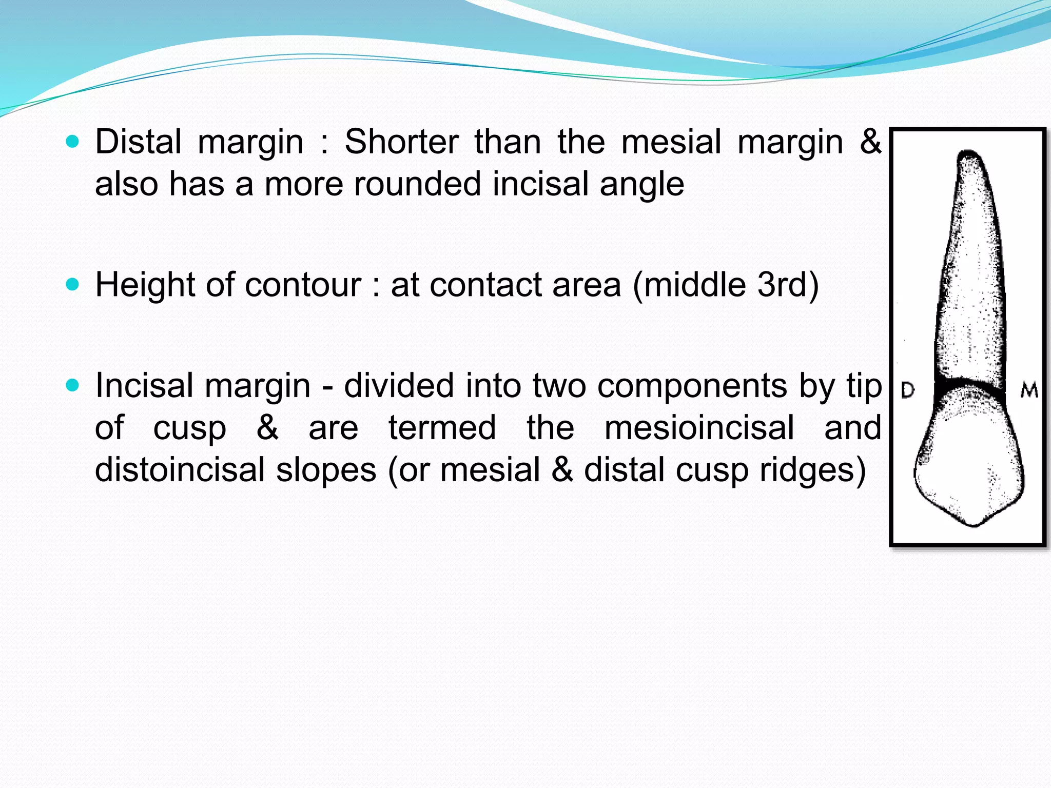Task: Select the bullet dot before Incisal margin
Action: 73,385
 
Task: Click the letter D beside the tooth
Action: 907,390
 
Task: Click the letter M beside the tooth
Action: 1028,391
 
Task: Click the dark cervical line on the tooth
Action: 968,385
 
